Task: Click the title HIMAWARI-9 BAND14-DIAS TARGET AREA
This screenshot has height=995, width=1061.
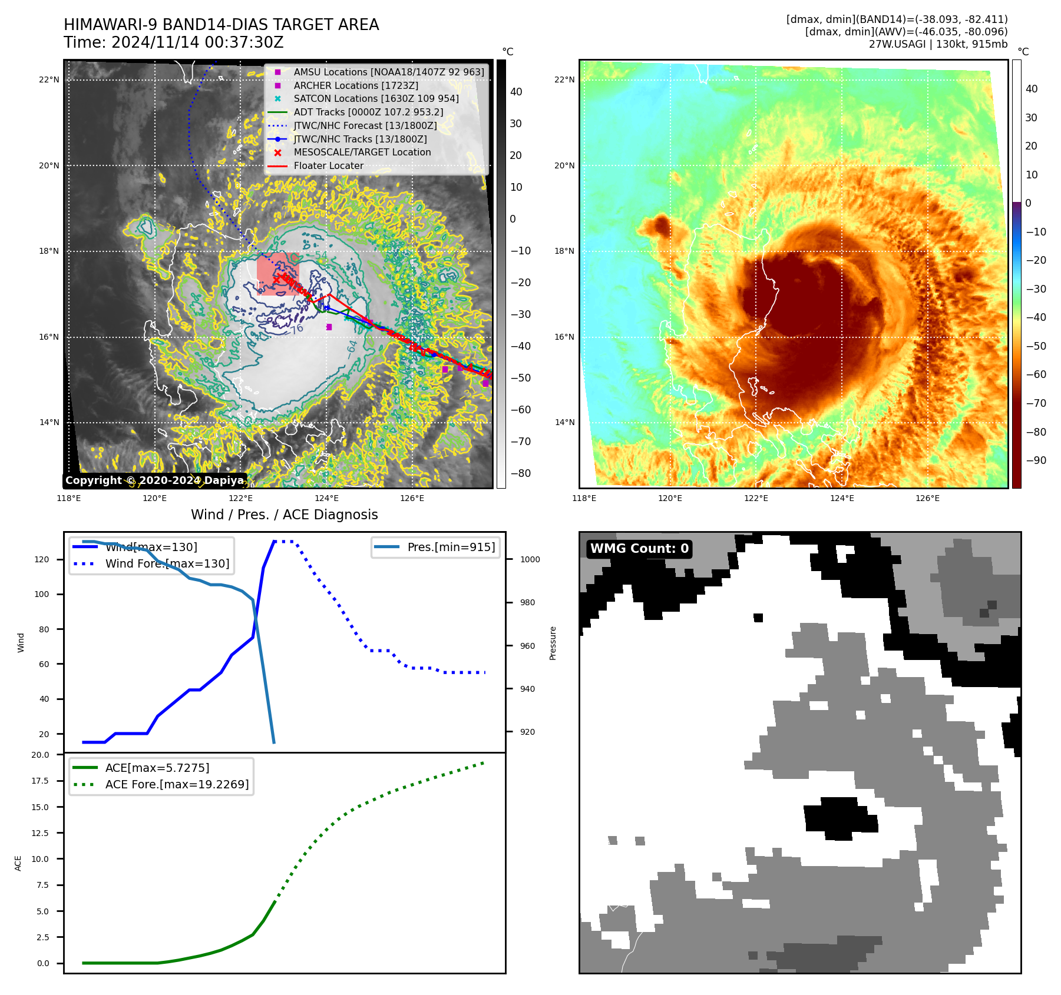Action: pyautogui.click(x=221, y=25)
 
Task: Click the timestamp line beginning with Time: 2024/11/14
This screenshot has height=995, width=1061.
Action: pyautogui.click(x=174, y=42)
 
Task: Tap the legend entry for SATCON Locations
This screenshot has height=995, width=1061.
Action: pyautogui.click(x=376, y=98)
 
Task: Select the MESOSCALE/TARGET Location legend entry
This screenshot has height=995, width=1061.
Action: pyautogui.click(x=362, y=152)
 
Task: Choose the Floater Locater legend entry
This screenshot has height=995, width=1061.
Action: pyautogui.click(x=328, y=165)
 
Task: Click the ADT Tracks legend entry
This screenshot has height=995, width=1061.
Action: pyautogui.click(x=368, y=112)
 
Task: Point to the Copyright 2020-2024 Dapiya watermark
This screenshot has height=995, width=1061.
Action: pyautogui.click(x=154, y=480)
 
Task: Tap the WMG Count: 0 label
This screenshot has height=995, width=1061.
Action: pyautogui.click(x=639, y=549)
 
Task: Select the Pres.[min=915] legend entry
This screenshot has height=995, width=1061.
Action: pyautogui.click(x=451, y=547)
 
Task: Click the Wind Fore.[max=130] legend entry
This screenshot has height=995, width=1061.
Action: pyautogui.click(x=167, y=563)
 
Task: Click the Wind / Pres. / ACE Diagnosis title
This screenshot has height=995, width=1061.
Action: pyautogui.click(x=284, y=515)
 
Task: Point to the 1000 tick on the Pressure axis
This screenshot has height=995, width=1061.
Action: pyautogui.click(x=530, y=559)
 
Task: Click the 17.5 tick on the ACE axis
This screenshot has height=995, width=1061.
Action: pyautogui.click(x=40, y=781)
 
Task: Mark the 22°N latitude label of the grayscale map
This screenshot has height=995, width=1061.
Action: pyautogui.click(x=49, y=80)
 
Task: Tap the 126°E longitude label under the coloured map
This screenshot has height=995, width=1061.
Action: pyautogui.click(x=927, y=498)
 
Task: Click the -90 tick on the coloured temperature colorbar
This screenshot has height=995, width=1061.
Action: pyautogui.click(x=1036, y=460)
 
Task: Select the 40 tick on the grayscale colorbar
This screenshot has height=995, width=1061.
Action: pyautogui.click(x=516, y=92)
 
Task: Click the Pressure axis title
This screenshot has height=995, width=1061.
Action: pyautogui.click(x=553, y=643)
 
